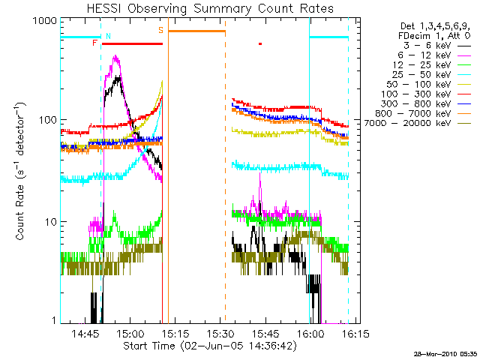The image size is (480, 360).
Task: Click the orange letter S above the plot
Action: pyautogui.click(x=160, y=30)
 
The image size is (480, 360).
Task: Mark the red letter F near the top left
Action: pyautogui.click(x=94, y=43)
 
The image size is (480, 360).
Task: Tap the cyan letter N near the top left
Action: pyautogui.click(x=108, y=36)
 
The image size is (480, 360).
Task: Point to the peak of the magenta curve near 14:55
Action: pyautogui.click(x=115, y=57)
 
